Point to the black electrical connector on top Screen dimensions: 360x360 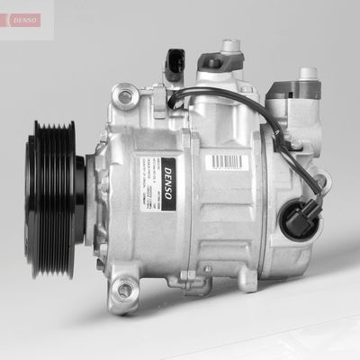(x=175, y=65)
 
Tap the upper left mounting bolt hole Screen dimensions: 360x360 (x=126, y=93)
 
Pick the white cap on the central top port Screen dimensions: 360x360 (x=232, y=43)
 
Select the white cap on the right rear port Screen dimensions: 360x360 (x=308, y=71)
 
